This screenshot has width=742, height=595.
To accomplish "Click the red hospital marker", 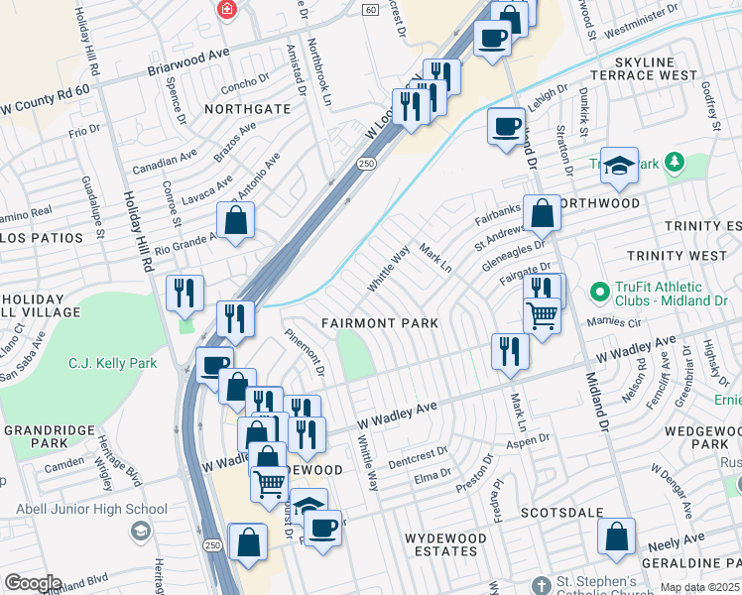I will click(x=227, y=9).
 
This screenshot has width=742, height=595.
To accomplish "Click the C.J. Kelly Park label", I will click(x=113, y=364).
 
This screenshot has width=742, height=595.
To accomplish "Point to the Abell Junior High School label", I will click(x=91, y=510).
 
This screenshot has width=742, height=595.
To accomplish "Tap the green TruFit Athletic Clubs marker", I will click(x=599, y=293).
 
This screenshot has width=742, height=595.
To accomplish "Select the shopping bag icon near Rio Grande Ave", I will click(x=235, y=221).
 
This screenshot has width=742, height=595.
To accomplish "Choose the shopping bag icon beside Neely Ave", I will click(x=616, y=537).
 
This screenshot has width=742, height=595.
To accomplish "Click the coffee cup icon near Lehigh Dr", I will click(x=506, y=127).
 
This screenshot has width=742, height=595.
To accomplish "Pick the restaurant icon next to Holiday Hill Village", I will click(x=185, y=293).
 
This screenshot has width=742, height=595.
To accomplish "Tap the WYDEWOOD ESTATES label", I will click(x=445, y=544).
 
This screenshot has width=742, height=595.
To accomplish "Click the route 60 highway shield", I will click(x=369, y=9).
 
